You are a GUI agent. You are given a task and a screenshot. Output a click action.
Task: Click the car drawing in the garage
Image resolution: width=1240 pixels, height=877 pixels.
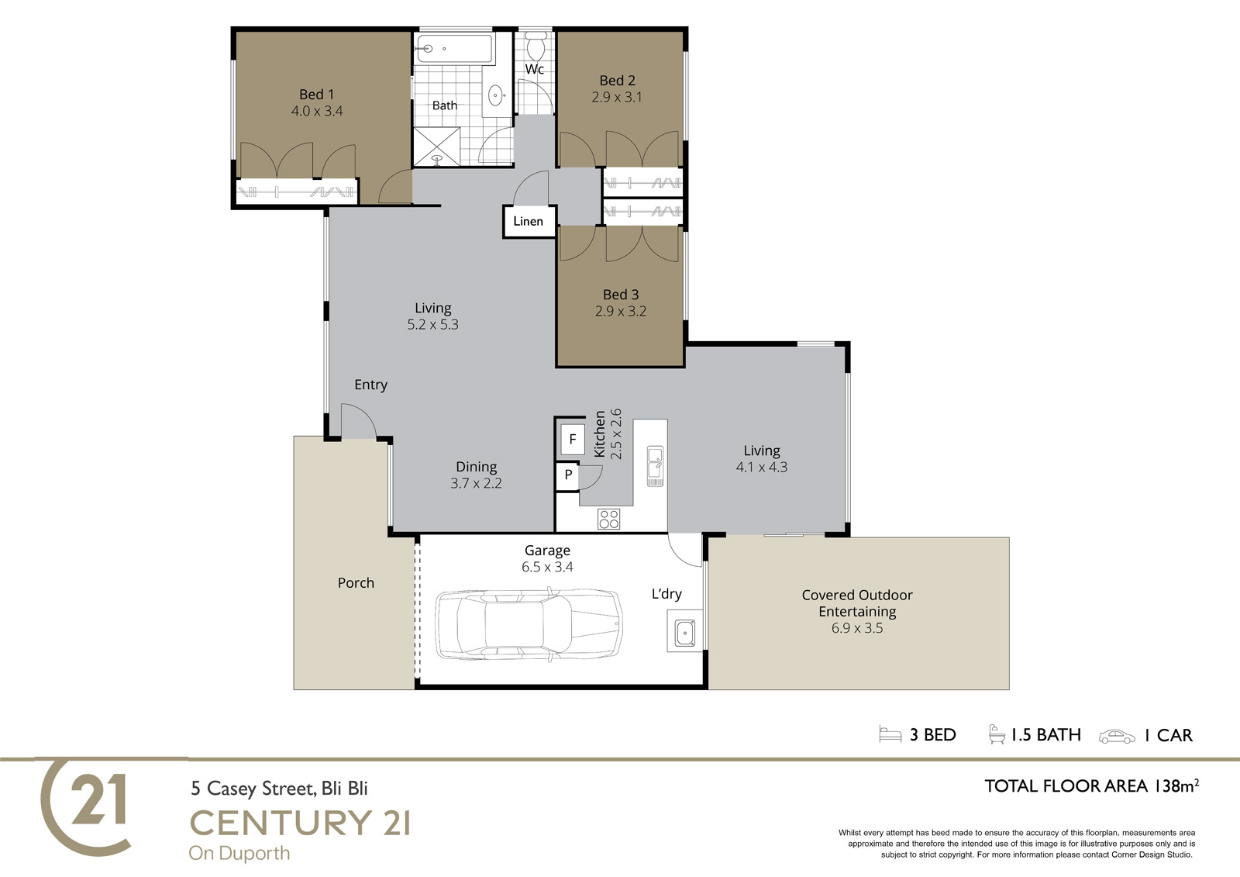pyautogui.click(x=529, y=625)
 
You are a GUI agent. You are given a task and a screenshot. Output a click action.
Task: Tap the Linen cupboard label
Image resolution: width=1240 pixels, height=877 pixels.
pyautogui.click(x=528, y=221)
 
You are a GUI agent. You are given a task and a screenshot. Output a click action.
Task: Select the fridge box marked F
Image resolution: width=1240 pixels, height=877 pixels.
pyautogui.click(x=573, y=440)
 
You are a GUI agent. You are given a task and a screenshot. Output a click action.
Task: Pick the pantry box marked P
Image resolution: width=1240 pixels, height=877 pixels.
pyautogui.click(x=568, y=475)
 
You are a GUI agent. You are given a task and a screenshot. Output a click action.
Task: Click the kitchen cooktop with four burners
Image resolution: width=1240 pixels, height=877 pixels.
pyautogui.click(x=608, y=519)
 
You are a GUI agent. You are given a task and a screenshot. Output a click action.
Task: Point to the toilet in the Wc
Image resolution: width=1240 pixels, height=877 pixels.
pyautogui.click(x=536, y=47)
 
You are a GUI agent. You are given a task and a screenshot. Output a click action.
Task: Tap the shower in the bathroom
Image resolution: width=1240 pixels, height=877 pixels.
pyautogui.click(x=437, y=147)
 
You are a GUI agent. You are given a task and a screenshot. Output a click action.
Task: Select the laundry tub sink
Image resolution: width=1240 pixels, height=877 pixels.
pyautogui.click(x=685, y=634)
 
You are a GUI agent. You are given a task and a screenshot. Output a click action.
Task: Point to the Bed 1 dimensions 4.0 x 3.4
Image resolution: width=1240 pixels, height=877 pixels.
pyautogui.click(x=317, y=112)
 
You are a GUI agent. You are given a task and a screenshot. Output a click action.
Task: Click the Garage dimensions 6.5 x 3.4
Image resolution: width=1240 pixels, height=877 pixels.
pyautogui.click(x=547, y=567)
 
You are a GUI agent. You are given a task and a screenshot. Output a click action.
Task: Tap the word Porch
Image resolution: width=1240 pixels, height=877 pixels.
pyautogui.click(x=356, y=583)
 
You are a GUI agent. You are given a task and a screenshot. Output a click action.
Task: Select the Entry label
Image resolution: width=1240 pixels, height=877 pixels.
pyautogui.click(x=371, y=385)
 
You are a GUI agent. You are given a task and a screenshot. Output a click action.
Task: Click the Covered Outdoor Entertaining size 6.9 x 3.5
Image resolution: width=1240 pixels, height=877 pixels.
pyautogui.click(x=857, y=627)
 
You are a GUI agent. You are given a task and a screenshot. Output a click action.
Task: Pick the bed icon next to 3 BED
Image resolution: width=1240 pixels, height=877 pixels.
pyautogui.click(x=890, y=734)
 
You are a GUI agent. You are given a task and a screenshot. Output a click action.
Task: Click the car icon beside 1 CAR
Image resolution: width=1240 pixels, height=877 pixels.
pyautogui.click(x=1117, y=737)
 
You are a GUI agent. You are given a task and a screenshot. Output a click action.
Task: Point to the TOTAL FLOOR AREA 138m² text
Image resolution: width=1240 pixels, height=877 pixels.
pyautogui.click(x=1092, y=786)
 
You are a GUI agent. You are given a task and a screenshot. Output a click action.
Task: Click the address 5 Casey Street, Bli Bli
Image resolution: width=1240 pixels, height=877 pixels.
pyautogui.click(x=279, y=789)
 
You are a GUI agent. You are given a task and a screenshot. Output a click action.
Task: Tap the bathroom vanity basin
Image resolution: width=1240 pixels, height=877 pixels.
pyautogui.click(x=495, y=95)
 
